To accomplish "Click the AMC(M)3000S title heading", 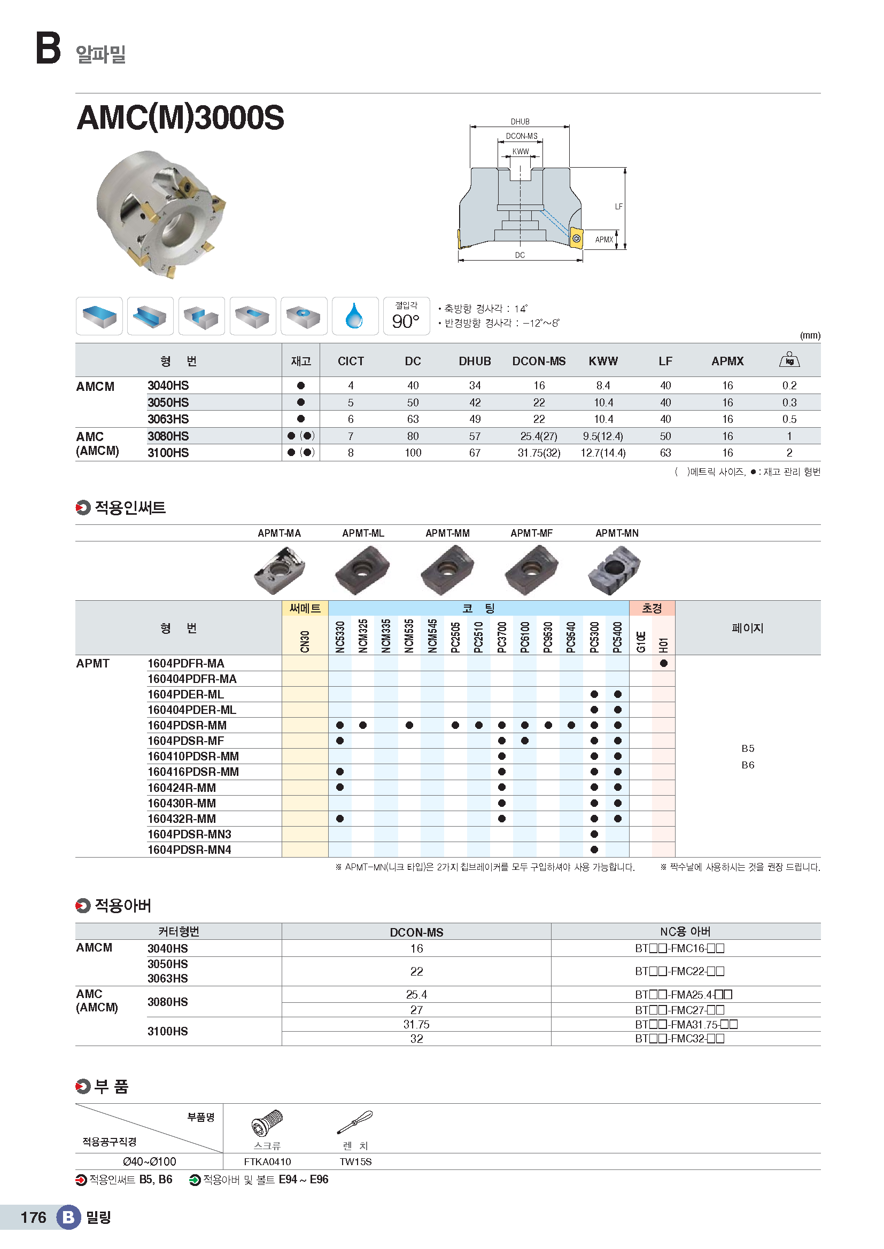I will pyautogui.click(x=180, y=117).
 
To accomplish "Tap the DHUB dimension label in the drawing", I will pyautogui.click(x=520, y=122).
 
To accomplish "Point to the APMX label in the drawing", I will pyautogui.click(x=603, y=239).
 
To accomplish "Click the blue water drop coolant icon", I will pyautogui.click(x=354, y=316).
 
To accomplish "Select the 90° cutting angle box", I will pyautogui.click(x=406, y=316).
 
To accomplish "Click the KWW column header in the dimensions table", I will pyautogui.click(x=603, y=361).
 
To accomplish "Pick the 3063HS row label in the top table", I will pyautogui.click(x=168, y=419).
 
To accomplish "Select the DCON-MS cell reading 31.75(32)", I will pyautogui.click(x=539, y=453).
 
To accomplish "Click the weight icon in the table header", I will pyautogui.click(x=789, y=359).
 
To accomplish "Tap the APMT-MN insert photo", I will pyautogui.click(x=615, y=569).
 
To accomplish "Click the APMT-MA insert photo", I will pyautogui.click(x=280, y=570).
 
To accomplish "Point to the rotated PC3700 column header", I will pyautogui.click(x=502, y=637).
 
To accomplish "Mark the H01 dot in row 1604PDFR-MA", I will pyautogui.click(x=664, y=663).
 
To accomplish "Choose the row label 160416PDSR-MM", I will pyautogui.click(x=193, y=772).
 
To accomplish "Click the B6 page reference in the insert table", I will pyautogui.click(x=748, y=765).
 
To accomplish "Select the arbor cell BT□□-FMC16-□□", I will pyautogui.click(x=679, y=948).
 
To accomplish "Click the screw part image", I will pyautogui.click(x=267, y=1123).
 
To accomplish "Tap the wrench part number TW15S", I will pyautogui.click(x=355, y=1162).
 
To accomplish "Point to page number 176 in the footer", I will pyautogui.click(x=33, y=1217).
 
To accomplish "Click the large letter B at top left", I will pyautogui.click(x=48, y=48).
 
